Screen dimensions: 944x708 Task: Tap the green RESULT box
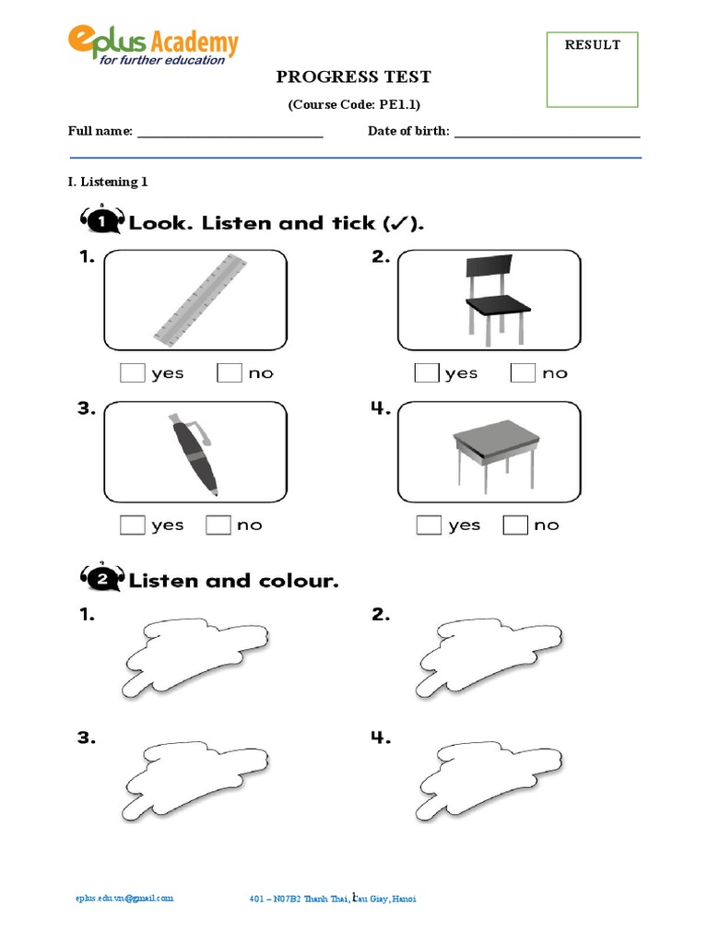tap(592, 70)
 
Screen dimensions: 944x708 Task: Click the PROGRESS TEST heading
tap(354, 77)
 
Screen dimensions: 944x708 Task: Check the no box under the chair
tap(523, 373)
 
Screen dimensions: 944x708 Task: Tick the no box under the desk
tap(515, 525)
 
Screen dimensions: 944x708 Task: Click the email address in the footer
tap(124, 898)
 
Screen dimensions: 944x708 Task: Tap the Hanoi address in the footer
tap(338, 899)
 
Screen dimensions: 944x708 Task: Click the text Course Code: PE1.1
tap(354, 105)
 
